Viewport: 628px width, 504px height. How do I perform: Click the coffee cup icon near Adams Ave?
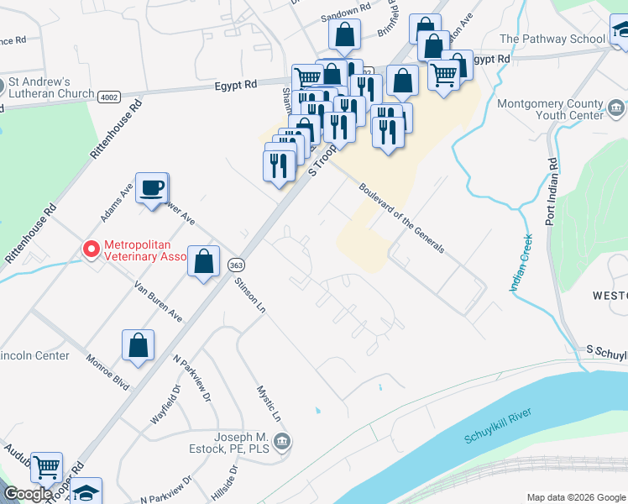tap(151, 188)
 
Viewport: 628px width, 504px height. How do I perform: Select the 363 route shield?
tap(236, 264)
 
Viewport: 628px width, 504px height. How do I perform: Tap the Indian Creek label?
tap(521, 263)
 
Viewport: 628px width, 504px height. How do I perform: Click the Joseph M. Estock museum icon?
tap(282, 440)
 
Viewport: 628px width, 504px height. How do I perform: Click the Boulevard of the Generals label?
tap(401, 218)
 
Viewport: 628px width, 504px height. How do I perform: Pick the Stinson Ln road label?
tap(250, 296)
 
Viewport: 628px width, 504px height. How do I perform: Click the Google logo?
tap(28, 495)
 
